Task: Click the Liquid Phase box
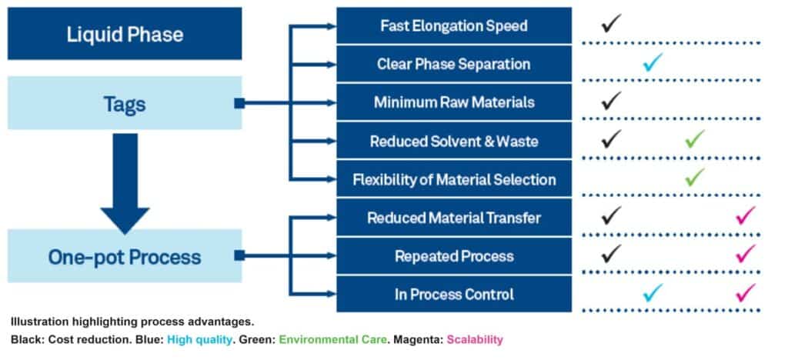pyautogui.click(x=125, y=34)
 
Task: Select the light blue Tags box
pyautogui.click(x=125, y=102)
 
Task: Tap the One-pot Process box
pyautogui.click(x=125, y=255)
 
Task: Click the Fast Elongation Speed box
pyautogui.click(x=454, y=25)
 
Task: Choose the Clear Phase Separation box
pyautogui.click(x=454, y=64)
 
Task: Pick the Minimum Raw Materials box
pyautogui.click(x=454, y=102)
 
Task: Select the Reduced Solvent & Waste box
pyautogui.click(x=454, y=141)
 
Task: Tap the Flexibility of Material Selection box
pyautogui.click(x=454, y=179)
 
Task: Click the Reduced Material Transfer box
pyautogui.click(x=454, y=218)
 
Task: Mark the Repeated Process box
pyautogui.click(x=454, y=255)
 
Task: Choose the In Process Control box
pyautogui.click(x=454, y=294)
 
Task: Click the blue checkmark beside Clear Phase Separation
pyautogui.click(x=653, y=62)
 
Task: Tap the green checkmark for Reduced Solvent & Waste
pyautogui.click(x=695, y=138)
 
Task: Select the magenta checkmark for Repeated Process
pyautogui.click(x=746, y=253)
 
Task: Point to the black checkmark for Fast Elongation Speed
pyautogui.click(x=611, y=23)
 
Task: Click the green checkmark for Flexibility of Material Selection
pyautogui.click(x=695, y=177)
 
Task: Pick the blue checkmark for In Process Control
pyautogui.click(x=653, y=292)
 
